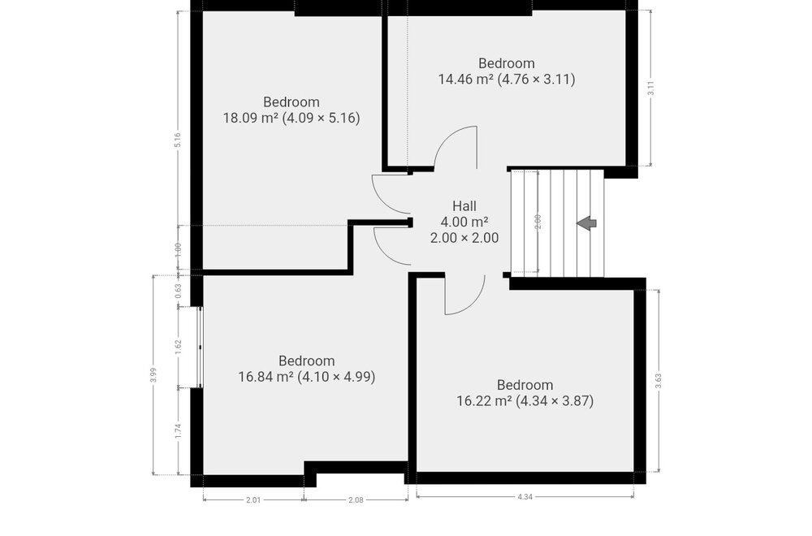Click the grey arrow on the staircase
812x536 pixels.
click(587, 223)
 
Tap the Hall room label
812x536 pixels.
click(464, 206)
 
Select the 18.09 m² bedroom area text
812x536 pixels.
click(292, 118)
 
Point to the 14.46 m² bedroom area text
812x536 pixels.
click(507, 80)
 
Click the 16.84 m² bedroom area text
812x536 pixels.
click(307, 377)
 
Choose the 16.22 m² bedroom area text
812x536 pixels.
click(525, 401)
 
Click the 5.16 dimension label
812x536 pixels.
click(178, 140)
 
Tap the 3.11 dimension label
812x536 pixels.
click(651, 89)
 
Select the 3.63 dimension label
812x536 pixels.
click(659, 381)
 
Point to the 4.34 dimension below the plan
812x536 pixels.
click(525, 497)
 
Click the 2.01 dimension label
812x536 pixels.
click(253, 499)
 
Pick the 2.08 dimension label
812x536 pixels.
click(356, 499)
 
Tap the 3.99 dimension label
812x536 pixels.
click(153, 375)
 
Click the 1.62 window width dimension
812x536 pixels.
click(178, 347)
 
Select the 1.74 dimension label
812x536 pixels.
click(178, 431)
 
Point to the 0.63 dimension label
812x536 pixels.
click(178, 291)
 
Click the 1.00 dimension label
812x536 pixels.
click(178, 249)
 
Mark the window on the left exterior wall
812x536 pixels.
click(200, 347)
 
